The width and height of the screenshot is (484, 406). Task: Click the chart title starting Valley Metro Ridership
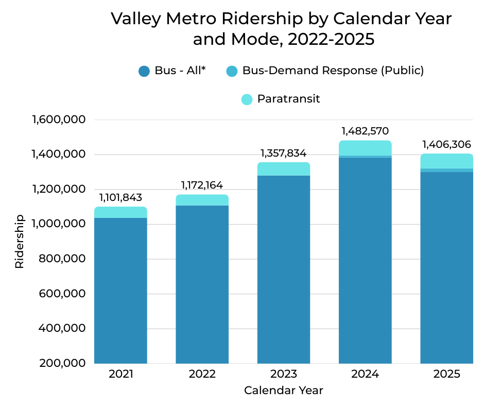point(281,29)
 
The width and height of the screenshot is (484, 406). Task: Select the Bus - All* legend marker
point(144,71)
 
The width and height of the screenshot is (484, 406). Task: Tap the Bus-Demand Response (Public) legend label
point(333,71)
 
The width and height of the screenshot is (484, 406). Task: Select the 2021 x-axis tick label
point(120,374)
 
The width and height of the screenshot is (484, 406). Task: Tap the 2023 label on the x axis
point(284,374)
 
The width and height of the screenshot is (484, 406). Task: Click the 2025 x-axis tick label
point(446,374)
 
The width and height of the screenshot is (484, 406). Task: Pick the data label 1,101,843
point(120,197)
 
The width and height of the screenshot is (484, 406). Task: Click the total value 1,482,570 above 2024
point(365,131)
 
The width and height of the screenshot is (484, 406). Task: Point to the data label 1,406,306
point(446,144)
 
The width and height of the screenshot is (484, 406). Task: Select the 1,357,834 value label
point(284,153)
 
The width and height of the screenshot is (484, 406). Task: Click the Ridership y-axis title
point(20,241)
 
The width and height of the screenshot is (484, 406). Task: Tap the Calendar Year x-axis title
point(284,391)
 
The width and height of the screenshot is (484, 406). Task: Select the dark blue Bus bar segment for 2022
point(202,283)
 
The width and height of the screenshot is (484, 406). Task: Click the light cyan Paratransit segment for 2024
point(365,147)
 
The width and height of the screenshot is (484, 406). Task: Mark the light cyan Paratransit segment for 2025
point(446,161)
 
